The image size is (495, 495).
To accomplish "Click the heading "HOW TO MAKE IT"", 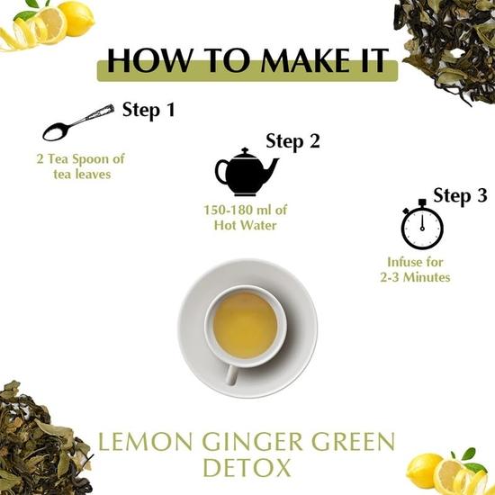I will tap(247, 60).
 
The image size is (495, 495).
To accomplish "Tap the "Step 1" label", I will tap(148, 112).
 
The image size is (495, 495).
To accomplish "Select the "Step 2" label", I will tap(292, 141).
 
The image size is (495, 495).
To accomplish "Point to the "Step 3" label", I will tap(460, 195).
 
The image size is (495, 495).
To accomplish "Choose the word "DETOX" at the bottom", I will tap(247, 469).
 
